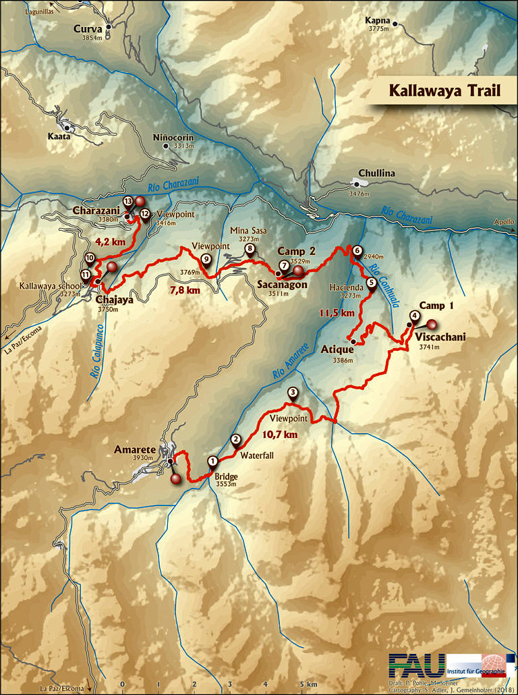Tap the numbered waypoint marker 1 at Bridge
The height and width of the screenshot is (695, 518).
pyautogui.click(x=212, y=462)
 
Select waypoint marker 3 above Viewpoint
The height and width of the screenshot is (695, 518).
pyautogui.click(x=293, y=393)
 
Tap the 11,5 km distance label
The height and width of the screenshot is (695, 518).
pyautogui.click(x=337, y=313)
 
